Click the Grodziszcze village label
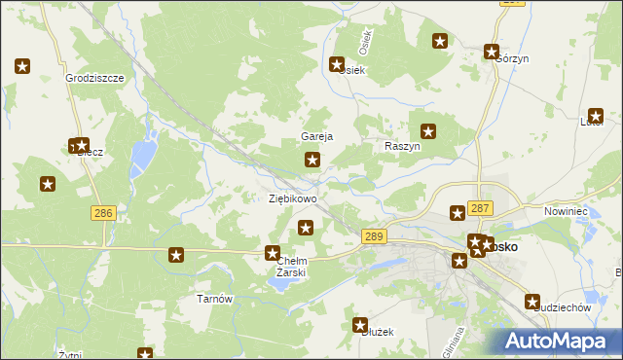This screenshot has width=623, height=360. [x=94, y=77]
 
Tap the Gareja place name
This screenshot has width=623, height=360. [x=317, y=137]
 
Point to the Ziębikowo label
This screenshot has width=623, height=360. [x=292, y=198]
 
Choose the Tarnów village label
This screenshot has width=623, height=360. [x=214, y=299]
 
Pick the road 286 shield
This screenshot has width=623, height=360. [x=102, y=211]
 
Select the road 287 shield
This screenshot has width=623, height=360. [x=480, y=208]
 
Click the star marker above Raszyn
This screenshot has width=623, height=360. [x=428, y=130]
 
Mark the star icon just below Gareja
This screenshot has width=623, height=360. [x=312, y=160]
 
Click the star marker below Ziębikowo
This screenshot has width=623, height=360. [x=306, y=229]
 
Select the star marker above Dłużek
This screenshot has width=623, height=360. [x=359, y=324]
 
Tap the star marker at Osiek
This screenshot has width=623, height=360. [x=337, y=66]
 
